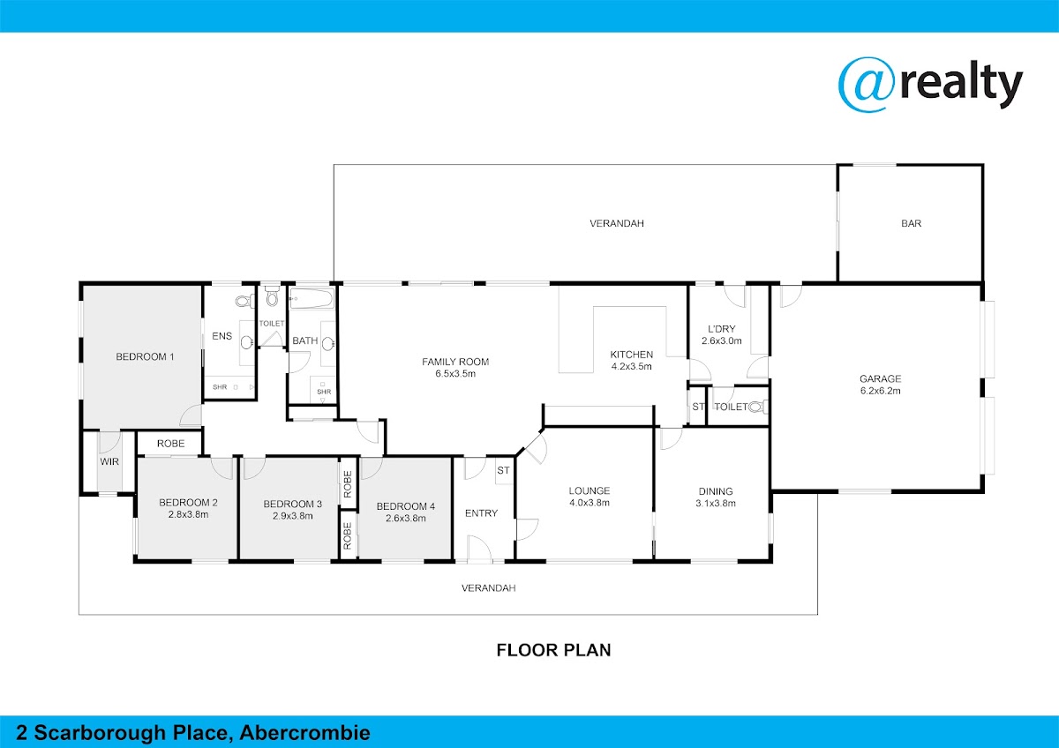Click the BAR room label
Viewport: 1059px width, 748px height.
point(911,223)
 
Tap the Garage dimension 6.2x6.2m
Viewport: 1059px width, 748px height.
point(881,391)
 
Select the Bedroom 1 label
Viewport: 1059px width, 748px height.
point(145,356)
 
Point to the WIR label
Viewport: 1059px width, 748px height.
point(109,461)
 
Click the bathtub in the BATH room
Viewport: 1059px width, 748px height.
point(312,299)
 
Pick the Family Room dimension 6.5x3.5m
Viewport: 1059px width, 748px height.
point(455,374)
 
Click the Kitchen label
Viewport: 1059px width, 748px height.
point(632,355)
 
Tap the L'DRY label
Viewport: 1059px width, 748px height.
point(722,329)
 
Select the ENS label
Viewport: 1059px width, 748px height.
point(222,336)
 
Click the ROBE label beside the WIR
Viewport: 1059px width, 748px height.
point(170,444)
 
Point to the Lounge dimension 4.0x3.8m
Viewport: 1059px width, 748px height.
point(590,503)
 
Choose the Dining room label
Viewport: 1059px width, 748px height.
point(716,491)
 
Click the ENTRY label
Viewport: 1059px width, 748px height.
point(481,513)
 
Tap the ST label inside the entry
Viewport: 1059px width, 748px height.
point(503,471)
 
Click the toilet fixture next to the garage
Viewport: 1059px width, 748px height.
point(758,407)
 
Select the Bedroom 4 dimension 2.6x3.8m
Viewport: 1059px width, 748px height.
point(406,519)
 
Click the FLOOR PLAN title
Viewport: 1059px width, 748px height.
point(553,650)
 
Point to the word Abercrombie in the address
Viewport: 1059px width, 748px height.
point(305,733)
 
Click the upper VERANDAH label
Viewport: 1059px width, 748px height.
point(617,223)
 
